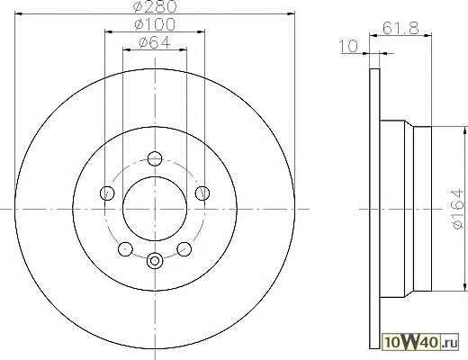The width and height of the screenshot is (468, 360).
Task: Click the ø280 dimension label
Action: [x=155, y=6]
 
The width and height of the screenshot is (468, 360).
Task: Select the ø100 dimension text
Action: [x=155, y=24]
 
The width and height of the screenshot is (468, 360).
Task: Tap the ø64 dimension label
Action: [x=155, y=42]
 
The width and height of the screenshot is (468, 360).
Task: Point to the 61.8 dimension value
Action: [x=400, y=29]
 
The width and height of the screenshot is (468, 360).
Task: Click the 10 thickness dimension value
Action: [x=349, y=46]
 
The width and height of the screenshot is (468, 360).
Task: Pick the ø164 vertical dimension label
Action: [x=458, y=209]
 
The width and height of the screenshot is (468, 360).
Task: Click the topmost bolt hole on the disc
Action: [x=155, y=158]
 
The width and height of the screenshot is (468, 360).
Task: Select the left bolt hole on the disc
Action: [x=107, y=193]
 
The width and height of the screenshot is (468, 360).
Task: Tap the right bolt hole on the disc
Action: [x=202, y=193]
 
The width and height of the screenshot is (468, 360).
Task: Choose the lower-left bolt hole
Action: [x=125, y=248]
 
